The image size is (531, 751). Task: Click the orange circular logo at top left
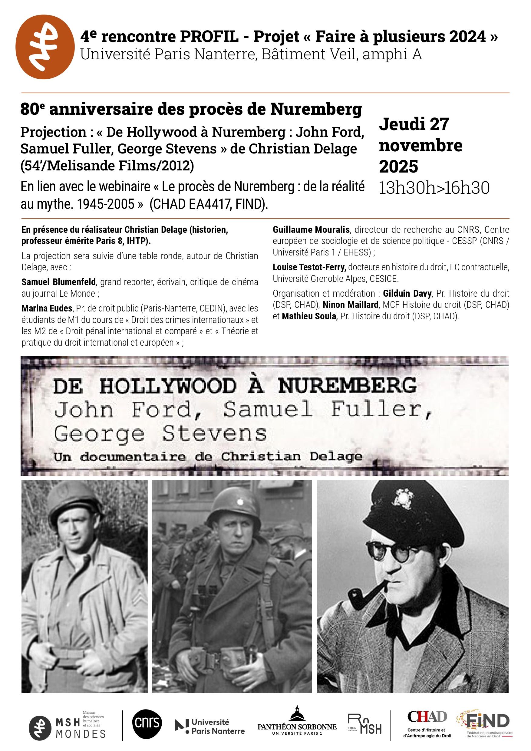click(x=45, y=47)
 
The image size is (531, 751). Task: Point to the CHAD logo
click(x=427, y=723)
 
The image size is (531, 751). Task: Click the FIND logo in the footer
click(x=486, y=723)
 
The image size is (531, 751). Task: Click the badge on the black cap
click(x=405, y=499)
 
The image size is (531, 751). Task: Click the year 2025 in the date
click(x=398, y=166)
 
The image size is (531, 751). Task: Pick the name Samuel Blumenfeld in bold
click(x=58, y=282)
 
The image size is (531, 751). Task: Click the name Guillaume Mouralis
click(x=311, y=230)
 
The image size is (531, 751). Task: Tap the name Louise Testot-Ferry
click(x=309, y=267)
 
